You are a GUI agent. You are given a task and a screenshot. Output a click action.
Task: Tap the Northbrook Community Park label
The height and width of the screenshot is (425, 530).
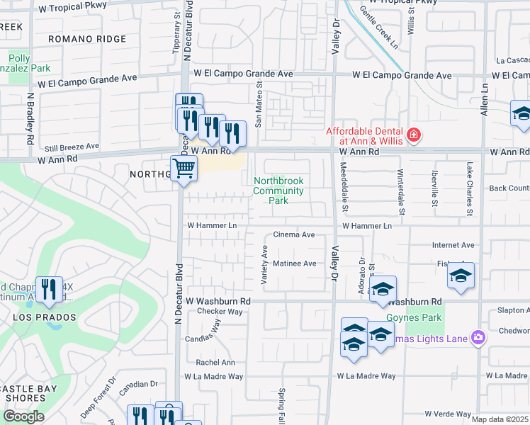(x=278, y=191)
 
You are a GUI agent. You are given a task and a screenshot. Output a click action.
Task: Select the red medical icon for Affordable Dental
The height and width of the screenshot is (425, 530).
(x=413, y=135)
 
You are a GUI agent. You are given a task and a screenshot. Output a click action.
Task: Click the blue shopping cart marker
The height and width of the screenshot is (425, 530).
(x=184, y=169)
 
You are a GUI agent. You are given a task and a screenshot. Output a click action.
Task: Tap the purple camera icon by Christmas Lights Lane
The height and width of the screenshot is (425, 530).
(x=478, y=338)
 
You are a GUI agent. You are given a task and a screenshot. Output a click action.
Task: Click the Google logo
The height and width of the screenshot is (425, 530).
(x=23, y=416)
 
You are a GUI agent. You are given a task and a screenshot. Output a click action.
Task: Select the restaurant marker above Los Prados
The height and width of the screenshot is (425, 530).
(x=49, y=289)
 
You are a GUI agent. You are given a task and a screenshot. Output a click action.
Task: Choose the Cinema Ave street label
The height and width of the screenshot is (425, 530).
(x=294, y=234)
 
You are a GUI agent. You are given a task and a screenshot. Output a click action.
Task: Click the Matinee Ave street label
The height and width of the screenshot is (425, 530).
(x=295, y=263)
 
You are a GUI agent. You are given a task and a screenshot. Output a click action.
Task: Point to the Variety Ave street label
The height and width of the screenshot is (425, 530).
(x=265, y=266)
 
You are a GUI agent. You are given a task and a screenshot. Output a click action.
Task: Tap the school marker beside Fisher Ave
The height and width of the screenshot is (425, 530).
(x=461, y=276)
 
